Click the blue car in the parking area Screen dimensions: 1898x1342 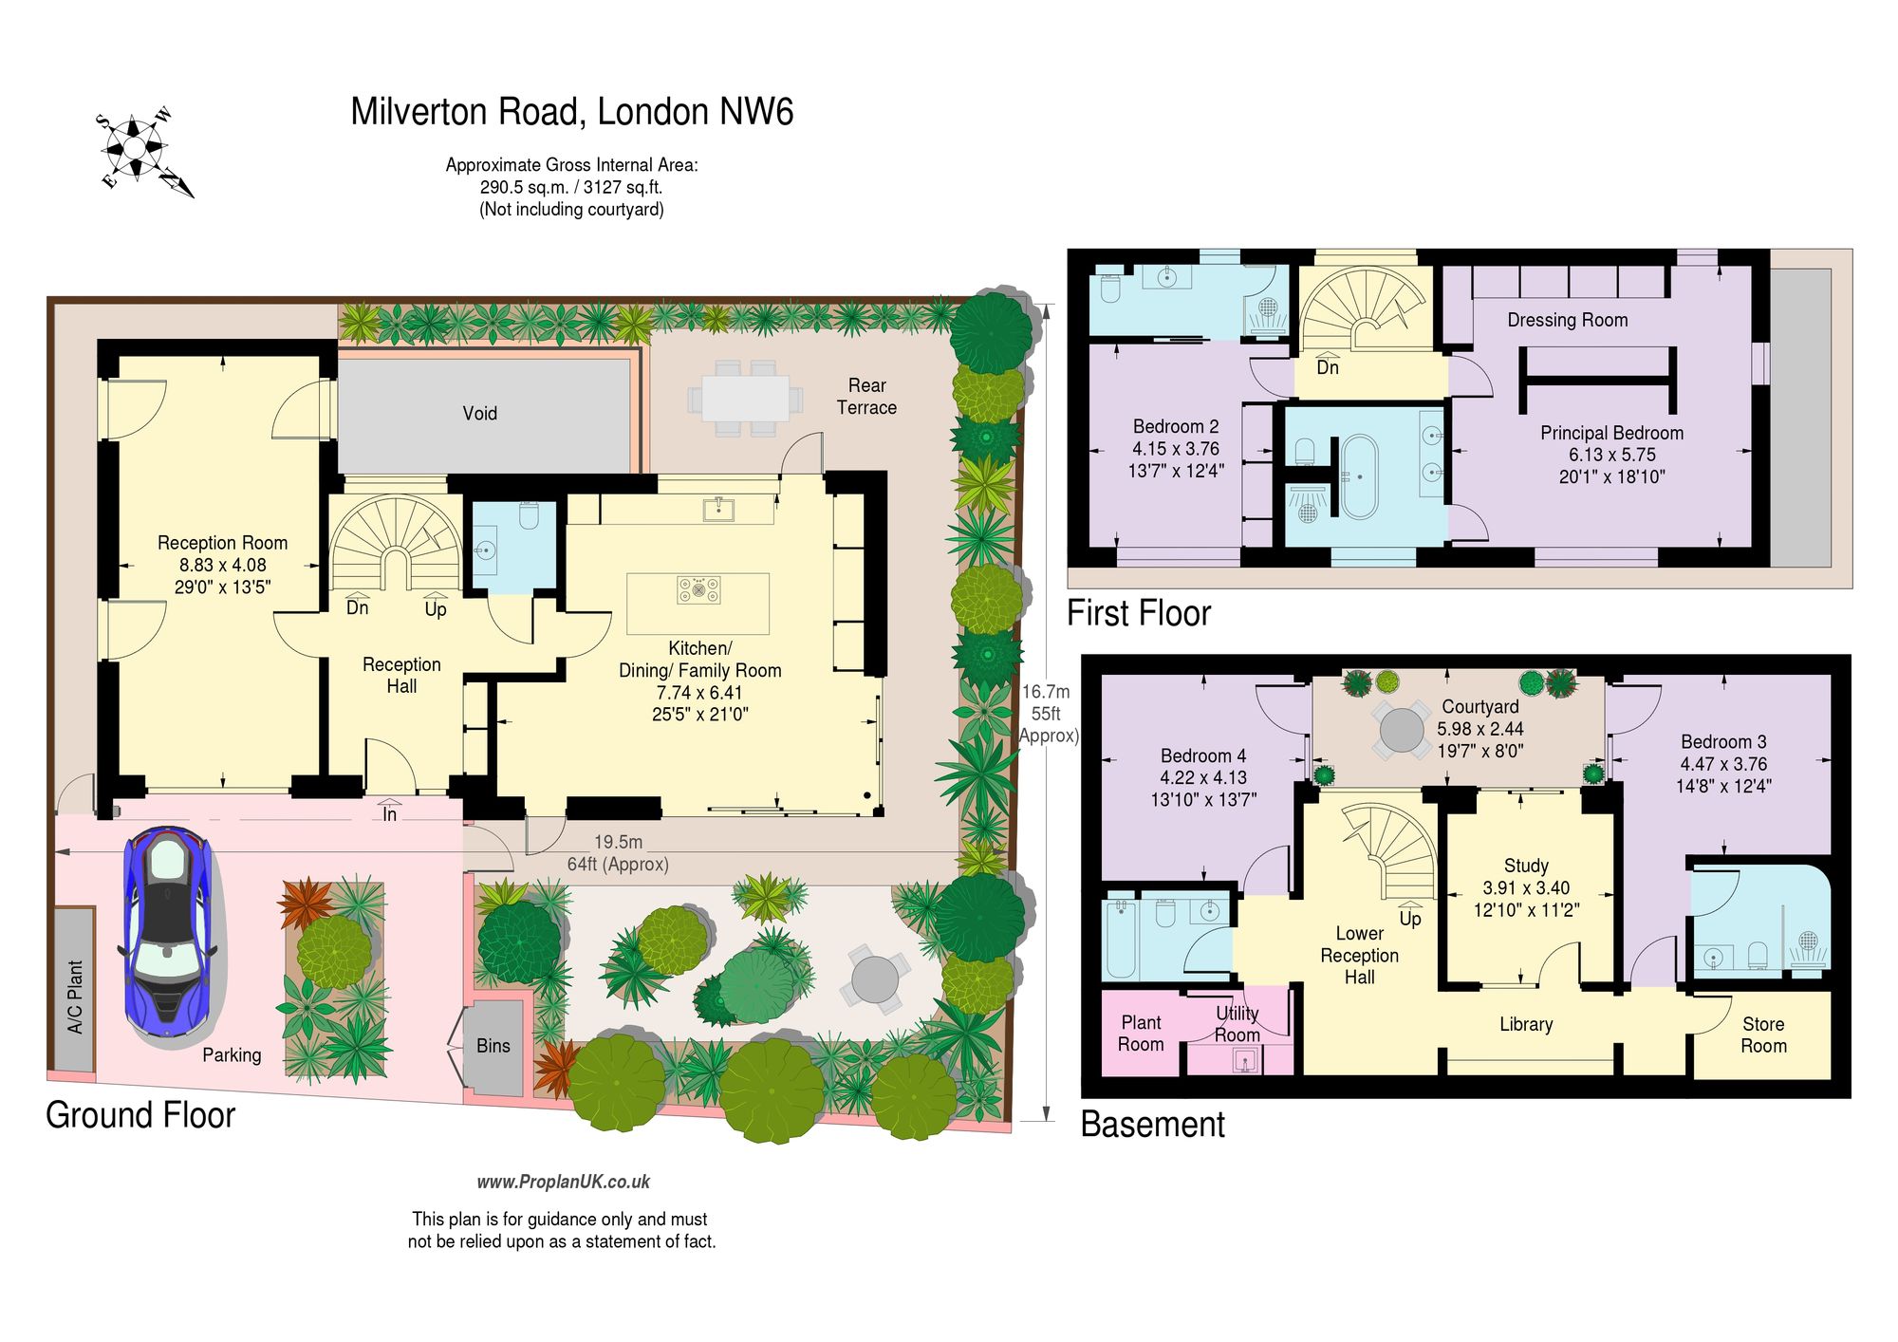pos(168,933)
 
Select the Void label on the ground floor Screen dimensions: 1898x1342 pos(479,413)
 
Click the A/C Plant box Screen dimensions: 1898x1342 pos(74,990)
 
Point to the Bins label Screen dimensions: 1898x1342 pos(493,1046)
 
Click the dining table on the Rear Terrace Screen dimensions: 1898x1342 pos(745,399)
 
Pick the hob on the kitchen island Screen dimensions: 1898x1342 pos(698,590)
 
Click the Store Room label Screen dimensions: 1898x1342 pos(1763,1034)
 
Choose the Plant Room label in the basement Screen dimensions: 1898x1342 pos(1141,1034)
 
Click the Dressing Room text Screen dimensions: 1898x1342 pos(1568,320)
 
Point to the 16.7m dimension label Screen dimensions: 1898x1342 pos(1046,692)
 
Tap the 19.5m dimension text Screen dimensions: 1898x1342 pos(618,842)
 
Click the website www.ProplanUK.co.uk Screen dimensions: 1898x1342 pos(564,1182)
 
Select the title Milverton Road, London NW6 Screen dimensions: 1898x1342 pos(572,112)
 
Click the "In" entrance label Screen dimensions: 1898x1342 pos(389,814)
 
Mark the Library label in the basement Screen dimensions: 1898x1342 pos(1526,1024)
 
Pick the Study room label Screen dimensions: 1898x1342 pos(1526,866)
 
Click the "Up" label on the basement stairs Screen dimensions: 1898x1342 pos(1410,919)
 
